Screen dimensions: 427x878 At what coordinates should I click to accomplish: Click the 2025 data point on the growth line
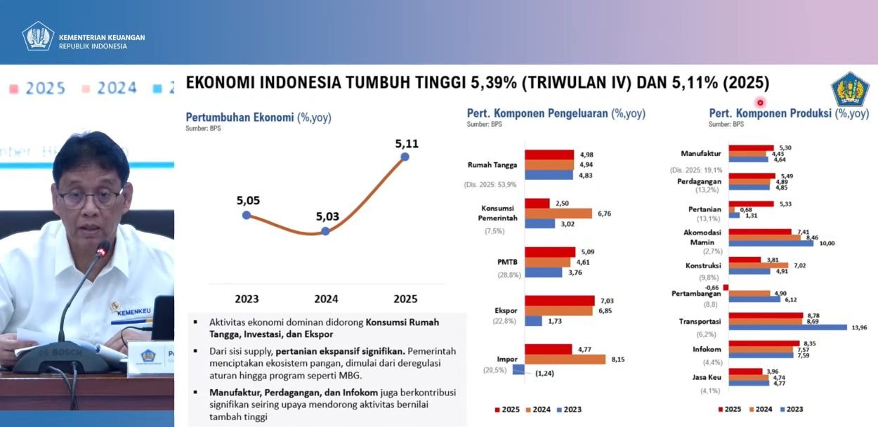(x=405, y=157)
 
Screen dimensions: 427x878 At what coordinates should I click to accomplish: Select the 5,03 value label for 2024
(x=328, y=216)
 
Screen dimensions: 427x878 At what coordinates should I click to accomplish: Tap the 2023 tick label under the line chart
(x=247, y=298)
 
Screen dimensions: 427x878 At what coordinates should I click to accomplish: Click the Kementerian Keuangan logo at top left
(x=38, y=37)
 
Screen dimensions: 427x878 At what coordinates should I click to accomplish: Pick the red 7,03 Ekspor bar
(x=559, y=301)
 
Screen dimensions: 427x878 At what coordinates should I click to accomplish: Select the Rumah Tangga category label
(x=492, y=166)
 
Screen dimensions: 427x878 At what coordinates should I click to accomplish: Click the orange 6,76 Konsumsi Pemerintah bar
(x=558, y=213)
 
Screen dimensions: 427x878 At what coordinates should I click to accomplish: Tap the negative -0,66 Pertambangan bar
(x=726, y=287)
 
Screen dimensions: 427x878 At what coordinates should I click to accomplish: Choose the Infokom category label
(x=707, y=348)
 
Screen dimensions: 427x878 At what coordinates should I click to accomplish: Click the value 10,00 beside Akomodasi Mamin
(x=827, y=244)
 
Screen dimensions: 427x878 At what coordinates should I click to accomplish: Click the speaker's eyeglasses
(x=88, y=197)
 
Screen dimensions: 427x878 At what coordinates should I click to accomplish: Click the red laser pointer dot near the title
(x=760, y=103)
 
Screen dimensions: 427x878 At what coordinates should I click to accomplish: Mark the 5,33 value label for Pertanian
(x=785, y=204)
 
